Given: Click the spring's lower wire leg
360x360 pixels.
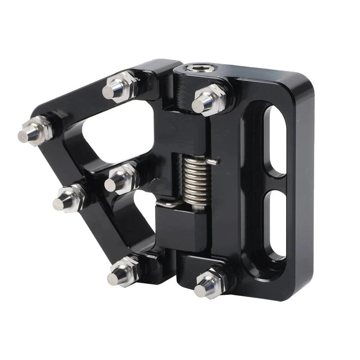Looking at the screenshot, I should click(x=166, y=204).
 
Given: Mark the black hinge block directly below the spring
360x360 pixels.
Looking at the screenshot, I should click(x=180, y=229).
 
